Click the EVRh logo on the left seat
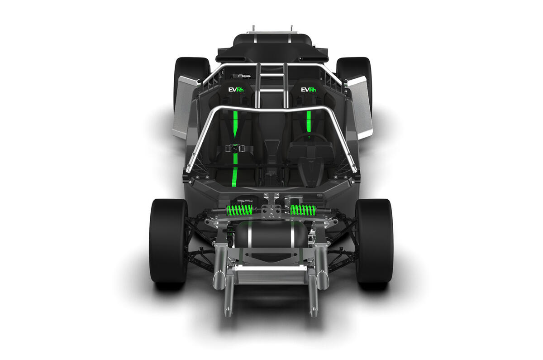click(x=236, y=90)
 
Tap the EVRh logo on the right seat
click(x=308, y=90)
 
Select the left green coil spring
click(x=239, y=210)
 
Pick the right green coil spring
click(x=303, y=210)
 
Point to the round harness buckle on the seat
click(x=235, y=149)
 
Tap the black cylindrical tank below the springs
click(x=271, y=234)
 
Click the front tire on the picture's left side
click(x=168, y=241)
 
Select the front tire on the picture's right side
click(x=374, y=241)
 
